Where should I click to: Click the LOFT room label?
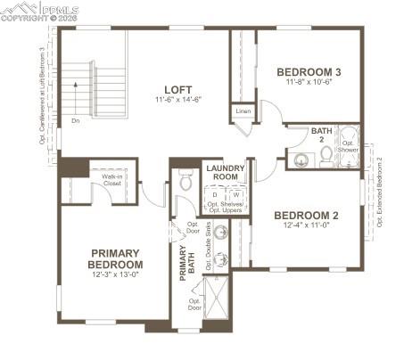pos(177,89)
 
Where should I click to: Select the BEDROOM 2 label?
pos(306,215)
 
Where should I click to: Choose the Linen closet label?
pos(242,111)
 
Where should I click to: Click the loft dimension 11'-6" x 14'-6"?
pos(177,101)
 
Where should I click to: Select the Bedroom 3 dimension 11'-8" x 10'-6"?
pos(309,83)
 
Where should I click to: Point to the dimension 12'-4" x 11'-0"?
pos(306,225)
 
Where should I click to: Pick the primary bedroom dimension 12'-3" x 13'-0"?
pos(115,275)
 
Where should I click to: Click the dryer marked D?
pos(215,192)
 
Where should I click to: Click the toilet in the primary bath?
pos(186,181)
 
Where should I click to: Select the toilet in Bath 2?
pos(326,155)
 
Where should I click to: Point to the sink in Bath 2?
pos(301,160)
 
